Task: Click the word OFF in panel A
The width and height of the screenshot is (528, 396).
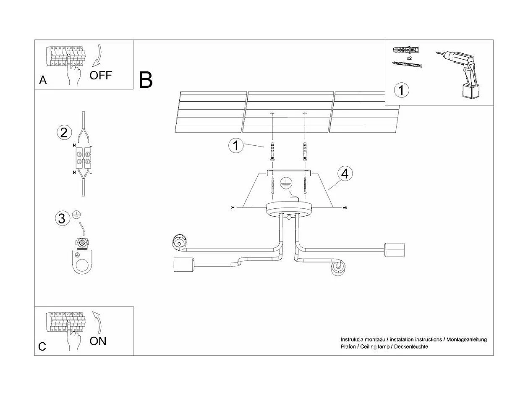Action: (x=101, y=76)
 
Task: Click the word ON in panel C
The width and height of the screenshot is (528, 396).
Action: (x=98, y=341)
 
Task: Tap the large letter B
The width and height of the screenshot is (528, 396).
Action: (x=146, y=80)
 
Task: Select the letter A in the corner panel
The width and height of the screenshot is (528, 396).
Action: (x=43, y=80)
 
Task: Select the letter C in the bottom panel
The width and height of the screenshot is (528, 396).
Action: (x=42, y=346)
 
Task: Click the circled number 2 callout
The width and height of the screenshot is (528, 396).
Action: (x=64, y=133)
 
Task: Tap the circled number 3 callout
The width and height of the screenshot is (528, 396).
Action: (x=62, y=218)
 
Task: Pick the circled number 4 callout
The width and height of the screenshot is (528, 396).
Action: (x=345, y=173)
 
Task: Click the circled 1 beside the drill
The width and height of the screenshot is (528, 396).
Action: (x=402, y=90)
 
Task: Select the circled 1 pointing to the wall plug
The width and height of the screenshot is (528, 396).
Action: (x=236, y=146)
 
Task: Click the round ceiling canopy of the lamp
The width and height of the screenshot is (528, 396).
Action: (x=289, y=208)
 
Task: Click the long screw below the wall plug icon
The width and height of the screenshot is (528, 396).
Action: (x=407, y=64)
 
